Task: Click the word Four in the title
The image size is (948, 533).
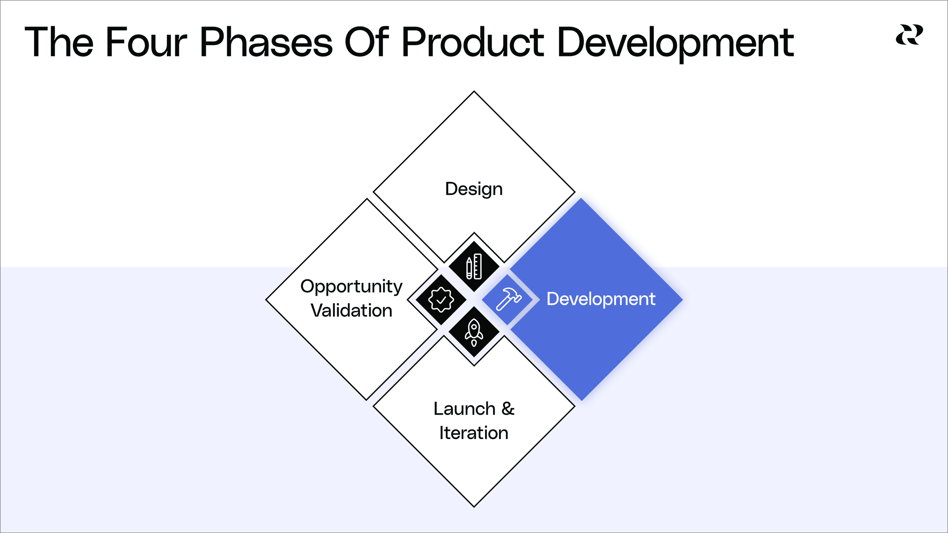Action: click(146, 42)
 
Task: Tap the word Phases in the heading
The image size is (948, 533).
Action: click(266, 42)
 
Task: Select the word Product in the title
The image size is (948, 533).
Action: click(472, 42)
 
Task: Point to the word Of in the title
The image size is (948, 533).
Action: click(367, 42)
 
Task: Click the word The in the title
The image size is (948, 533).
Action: click(59, 42)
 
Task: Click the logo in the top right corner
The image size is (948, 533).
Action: click(909, 35)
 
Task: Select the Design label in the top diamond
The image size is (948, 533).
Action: click(474, 189)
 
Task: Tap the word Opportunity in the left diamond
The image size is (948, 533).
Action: click(351, 287)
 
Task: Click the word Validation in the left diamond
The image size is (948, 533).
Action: click(351, 310)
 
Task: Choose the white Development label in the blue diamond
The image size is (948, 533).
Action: click(601, 299)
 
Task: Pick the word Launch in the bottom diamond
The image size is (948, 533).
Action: click(464, 409)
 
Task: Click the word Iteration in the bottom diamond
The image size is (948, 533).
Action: click(474, 433)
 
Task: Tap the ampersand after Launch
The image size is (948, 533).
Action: click(508, 409)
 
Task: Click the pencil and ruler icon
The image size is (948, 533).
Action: click(474, 266)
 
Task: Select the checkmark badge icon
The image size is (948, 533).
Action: click(441, 299)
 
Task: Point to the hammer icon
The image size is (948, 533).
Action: click(508, 299)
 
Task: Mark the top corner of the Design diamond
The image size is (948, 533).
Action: click(474, 91)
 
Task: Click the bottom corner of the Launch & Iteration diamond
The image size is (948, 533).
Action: click(474, 506)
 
